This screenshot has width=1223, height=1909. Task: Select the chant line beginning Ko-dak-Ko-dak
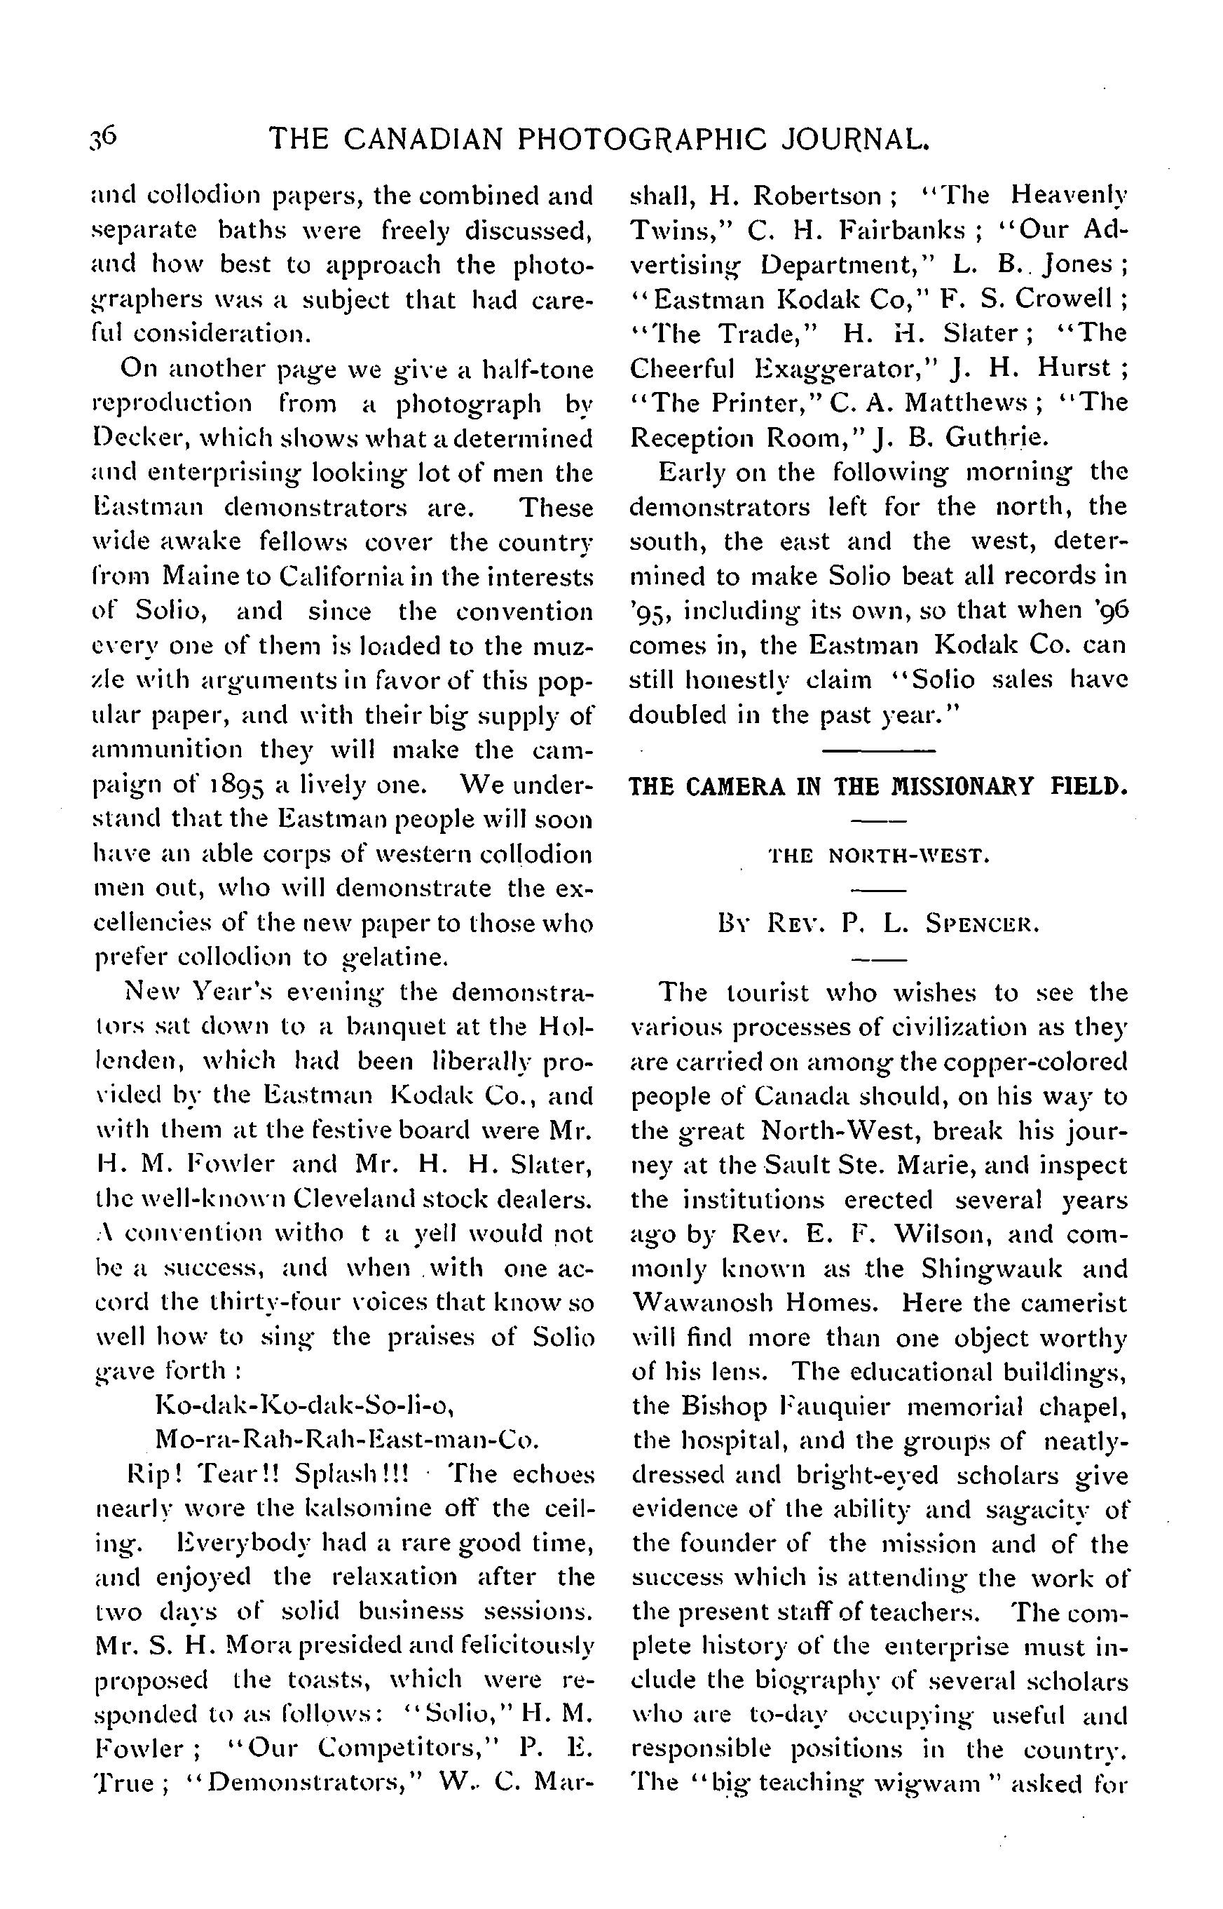(305, 1405)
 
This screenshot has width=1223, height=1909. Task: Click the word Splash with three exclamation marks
(350, 1474)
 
